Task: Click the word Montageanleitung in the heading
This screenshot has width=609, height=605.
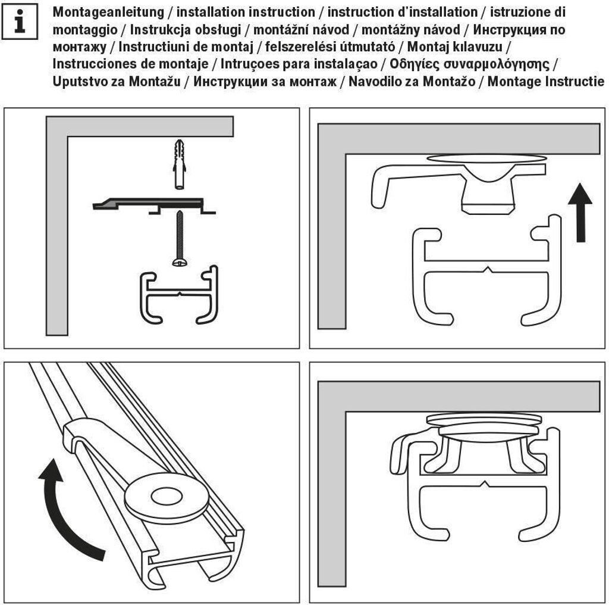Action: [107, 12]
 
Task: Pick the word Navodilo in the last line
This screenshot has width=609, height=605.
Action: [373, 82]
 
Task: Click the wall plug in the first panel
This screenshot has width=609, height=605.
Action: [178, 164]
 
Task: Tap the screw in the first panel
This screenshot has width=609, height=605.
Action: [178, 238]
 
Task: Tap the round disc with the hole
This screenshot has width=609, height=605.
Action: [166, 496]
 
